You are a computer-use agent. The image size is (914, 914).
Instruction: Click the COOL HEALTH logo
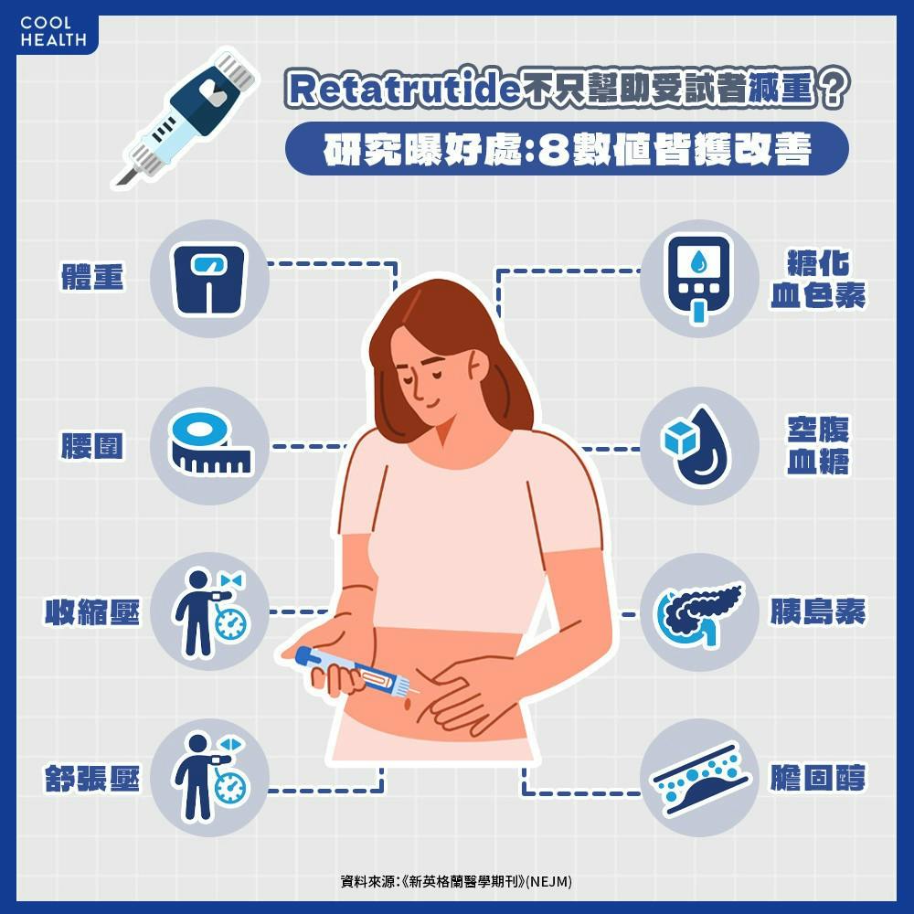[53, 31]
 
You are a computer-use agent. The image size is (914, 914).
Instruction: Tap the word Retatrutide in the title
[403, 89]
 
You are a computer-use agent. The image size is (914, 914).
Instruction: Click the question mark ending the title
[833, 88]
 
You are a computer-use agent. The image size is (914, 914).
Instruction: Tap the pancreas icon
[698, 612]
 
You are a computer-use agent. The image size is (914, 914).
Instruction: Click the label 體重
[92, 277]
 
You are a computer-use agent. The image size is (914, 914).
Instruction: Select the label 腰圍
[92, 446]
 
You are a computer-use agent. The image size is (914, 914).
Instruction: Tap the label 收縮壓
[92, 612]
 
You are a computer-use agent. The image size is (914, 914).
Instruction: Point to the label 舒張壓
[92, 779]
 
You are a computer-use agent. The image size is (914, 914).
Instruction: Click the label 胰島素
[818, 611]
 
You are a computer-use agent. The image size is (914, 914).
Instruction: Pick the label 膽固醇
[818, 778]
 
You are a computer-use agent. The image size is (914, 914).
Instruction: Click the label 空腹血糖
[818, 445]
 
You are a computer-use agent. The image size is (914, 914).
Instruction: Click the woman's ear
[477, 367]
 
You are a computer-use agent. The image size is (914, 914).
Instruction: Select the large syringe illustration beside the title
[186, 117]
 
